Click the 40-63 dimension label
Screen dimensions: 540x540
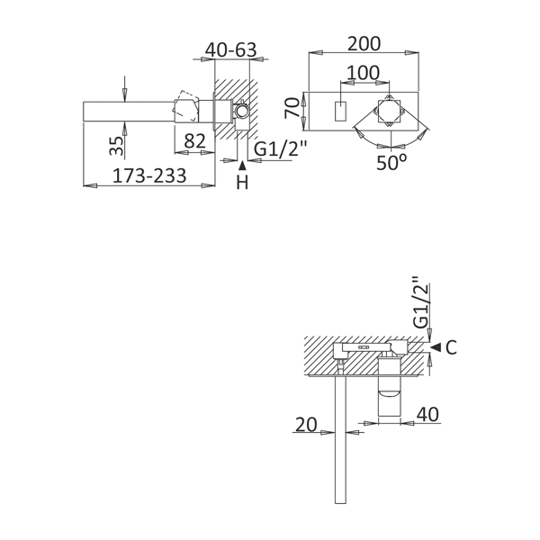point(230,50)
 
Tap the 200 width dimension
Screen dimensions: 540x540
point(364,44)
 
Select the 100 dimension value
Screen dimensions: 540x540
point(363,73)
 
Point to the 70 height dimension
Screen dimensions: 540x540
point(292,108)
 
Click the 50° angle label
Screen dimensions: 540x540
point(391,162)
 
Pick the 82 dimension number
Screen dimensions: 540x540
point(195,141)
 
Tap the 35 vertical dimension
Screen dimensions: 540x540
point(116,146)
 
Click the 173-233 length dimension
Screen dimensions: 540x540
point(149,175)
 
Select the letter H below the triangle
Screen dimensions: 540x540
point(242,182)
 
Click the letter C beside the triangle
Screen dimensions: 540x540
point(451,347)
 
